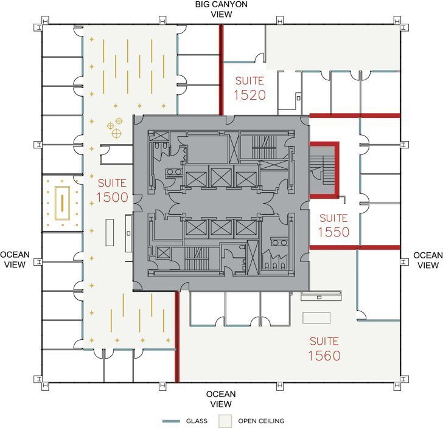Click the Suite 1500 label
[111, 190]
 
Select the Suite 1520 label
[249, 88]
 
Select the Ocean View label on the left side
[15, 260]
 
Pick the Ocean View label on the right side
[428, 260]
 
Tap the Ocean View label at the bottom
[220, 399]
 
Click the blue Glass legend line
[173, 421]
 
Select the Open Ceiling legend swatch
[226, 421]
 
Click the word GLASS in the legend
[197, 421]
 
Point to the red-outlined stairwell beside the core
[324, 170]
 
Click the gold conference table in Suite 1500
[62, 202]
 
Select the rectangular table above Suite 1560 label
[316, 317]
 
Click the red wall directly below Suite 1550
[355, 247]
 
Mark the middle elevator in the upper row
[220, 179]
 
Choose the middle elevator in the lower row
[220, 227]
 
